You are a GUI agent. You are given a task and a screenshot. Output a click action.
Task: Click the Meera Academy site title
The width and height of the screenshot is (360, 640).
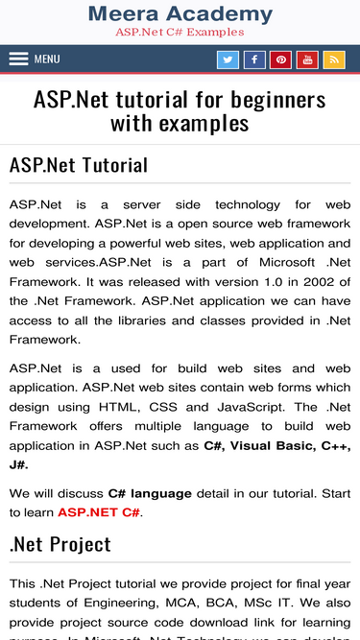tap(180, 13)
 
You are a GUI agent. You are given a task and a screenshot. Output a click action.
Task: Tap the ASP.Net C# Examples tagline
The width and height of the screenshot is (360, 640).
tap(180, 32)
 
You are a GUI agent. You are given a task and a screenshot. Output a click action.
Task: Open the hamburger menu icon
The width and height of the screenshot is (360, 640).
tap(19, 59)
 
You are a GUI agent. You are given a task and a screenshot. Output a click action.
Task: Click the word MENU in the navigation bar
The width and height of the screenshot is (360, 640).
tap(47, 59)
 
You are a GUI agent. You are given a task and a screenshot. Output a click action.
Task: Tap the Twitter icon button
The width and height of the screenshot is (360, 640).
tap(228, 59)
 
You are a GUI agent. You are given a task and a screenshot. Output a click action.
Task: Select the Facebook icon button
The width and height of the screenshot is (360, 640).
tap(254, 59)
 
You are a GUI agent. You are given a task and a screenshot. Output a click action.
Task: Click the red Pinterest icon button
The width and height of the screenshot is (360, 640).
tap(281, 59)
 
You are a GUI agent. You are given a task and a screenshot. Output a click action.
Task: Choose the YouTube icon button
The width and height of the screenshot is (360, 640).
tap(307, 59)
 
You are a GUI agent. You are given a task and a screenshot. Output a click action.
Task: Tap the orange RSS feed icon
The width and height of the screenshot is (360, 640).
tap(334, 59)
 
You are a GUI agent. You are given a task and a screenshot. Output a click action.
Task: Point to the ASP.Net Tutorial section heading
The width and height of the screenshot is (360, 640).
tap(79, 165)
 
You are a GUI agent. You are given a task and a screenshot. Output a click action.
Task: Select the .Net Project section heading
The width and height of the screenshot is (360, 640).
tap(60, 544)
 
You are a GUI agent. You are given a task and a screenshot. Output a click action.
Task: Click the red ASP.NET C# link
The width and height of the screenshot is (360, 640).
tap(99, 512)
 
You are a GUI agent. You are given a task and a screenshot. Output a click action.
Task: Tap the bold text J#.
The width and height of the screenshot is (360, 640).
tap(19, 464)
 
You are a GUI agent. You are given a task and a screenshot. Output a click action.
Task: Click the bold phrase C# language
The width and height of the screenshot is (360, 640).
tap(150, 493)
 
